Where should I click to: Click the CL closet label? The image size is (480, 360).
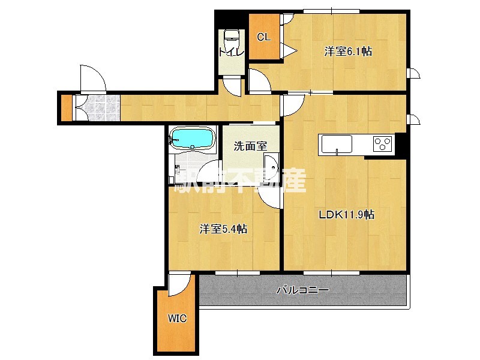tap(263, 37)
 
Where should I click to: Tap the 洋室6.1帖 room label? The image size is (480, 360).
tap(348, 52)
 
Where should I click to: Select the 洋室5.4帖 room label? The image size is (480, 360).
tap(223, 229)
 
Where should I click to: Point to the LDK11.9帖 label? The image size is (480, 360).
tap(347, 215)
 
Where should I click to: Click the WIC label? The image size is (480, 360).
tap(177, 319)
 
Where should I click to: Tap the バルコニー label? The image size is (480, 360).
tap(302, 290)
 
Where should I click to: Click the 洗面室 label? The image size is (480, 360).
tap(250, 146)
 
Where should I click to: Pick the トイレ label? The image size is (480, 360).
tap(232, 52)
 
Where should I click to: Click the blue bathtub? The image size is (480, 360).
tap(192, 138)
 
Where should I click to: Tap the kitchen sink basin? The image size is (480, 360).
tap(337, 144)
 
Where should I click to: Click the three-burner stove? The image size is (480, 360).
tap(382, 144)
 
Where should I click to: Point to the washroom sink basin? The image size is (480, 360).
tap(271, 166)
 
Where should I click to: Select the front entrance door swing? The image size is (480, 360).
tap(93, 78)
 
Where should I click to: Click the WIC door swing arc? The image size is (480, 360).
tap(180, 285)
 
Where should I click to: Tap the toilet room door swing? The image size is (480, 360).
tap(232, 87)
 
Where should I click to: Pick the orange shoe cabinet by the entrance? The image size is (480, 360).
tap(67, 108)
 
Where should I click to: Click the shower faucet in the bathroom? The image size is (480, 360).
tap(178, 170)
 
